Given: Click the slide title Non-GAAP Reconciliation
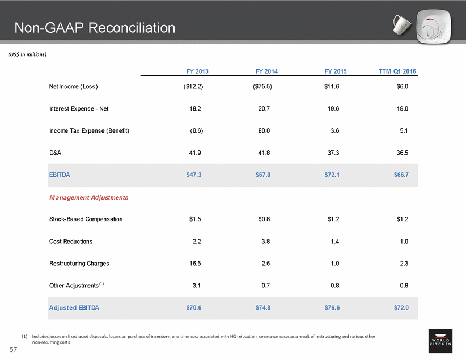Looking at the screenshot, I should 95,28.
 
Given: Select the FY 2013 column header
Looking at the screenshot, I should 197,71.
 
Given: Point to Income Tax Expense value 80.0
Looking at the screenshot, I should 264,131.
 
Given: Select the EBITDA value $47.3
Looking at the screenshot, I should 194,175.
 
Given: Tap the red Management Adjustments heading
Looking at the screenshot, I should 88,197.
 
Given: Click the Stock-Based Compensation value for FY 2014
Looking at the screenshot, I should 264,219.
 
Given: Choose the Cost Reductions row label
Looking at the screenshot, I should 71,242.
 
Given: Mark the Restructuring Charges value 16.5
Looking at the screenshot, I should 195,264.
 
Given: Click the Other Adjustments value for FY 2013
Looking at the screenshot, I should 197,286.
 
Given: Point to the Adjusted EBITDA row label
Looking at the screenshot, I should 77,308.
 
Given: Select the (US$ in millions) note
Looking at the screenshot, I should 27,54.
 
